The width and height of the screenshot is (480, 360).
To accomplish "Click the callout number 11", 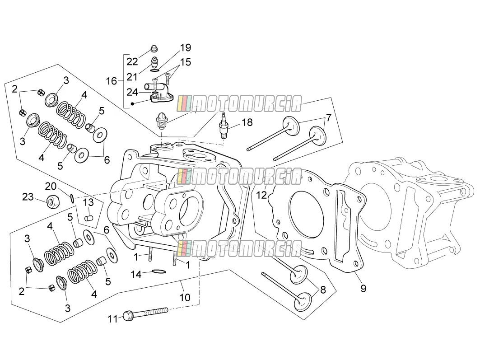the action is coord(112,319).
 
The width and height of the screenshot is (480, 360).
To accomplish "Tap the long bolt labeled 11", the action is coord(145,313).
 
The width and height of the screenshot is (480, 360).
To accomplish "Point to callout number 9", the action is coord(363,288).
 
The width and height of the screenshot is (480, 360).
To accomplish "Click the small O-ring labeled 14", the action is coord(158,271).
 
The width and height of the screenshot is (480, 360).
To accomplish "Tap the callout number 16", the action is coord(112,81).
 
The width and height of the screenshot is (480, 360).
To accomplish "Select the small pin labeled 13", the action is coord(88,218).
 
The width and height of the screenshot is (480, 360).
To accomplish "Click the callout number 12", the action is coord(261,195).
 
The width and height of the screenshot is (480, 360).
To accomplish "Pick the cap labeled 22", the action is coord(154,49).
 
